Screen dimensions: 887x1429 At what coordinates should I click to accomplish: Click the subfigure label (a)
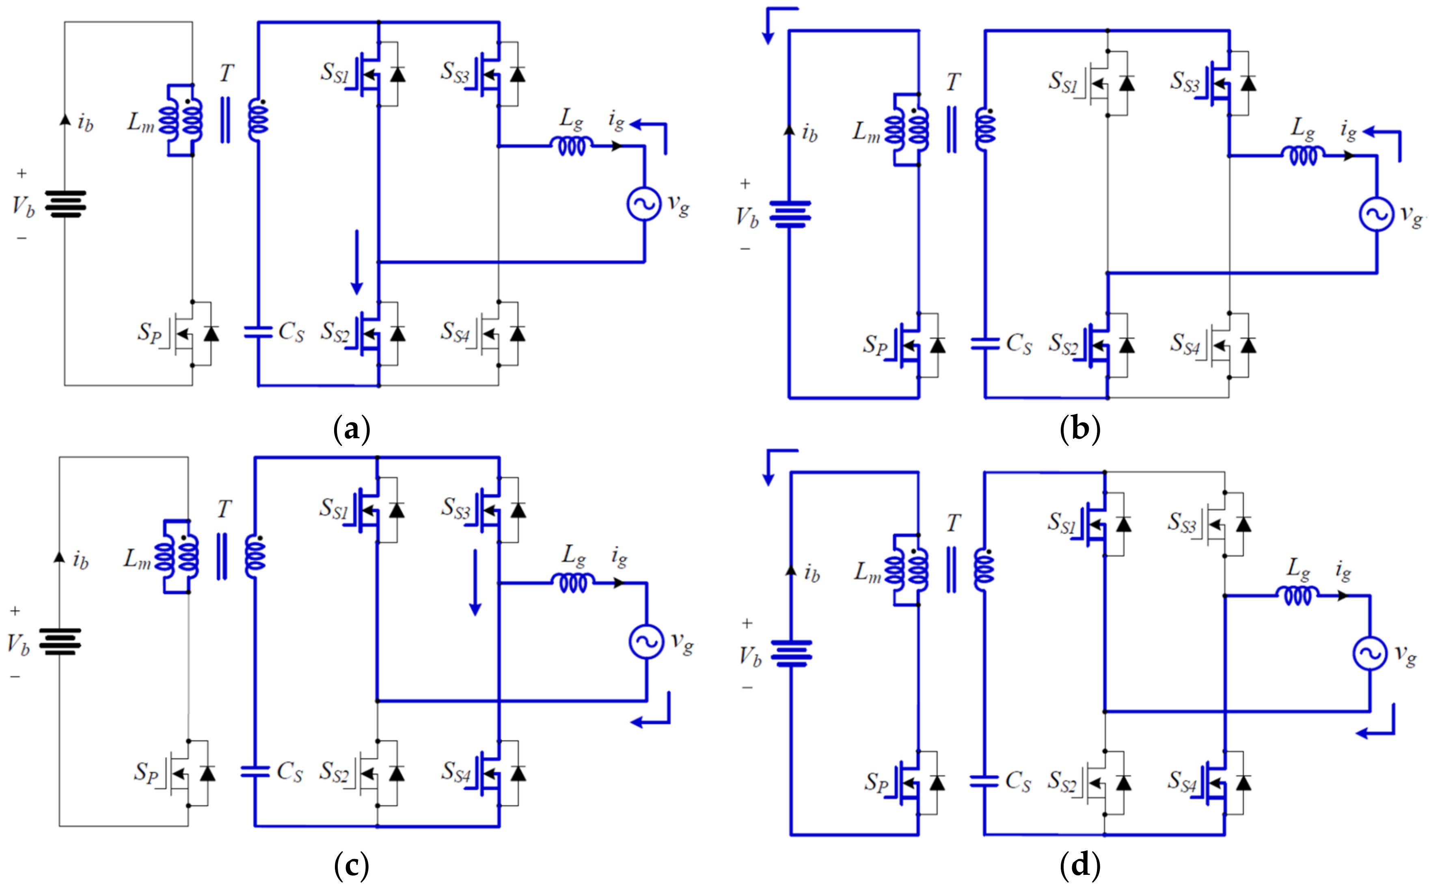[x=351, y=429]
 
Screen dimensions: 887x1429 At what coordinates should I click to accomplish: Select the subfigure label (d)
[x=1079, y=865]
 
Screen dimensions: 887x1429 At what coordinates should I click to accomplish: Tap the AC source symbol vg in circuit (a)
[x=644, y=203]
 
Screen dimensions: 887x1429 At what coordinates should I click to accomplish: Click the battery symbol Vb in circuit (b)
[x=789, y=214]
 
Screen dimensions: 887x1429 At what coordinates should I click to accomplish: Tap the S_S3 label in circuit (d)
[x=1181, y=522]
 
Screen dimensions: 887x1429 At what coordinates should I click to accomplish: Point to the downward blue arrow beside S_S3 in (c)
[x=475, y=582]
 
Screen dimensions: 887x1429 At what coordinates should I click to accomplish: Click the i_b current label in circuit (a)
[x=84, y=123]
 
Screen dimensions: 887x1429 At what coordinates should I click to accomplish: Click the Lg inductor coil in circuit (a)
[x=571, y=145]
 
